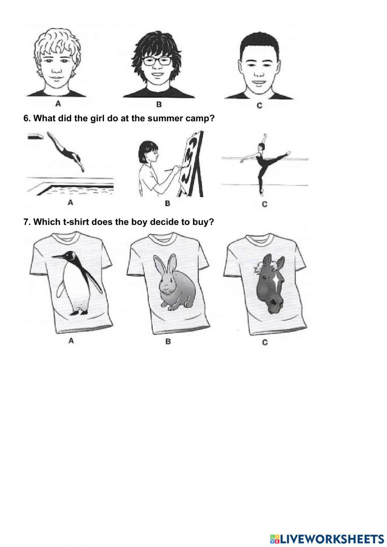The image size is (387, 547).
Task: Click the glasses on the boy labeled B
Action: tap(157, 61)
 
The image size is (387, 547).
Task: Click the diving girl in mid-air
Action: tap(66, 151)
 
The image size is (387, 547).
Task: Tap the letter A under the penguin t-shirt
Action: tap(71, 341)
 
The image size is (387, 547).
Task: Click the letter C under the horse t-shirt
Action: tap(265, 343)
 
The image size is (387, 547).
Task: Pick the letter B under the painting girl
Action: tap(168, 203)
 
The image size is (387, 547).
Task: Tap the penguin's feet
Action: tap(79, 312)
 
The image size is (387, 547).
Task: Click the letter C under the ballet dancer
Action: tap(265, 204)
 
